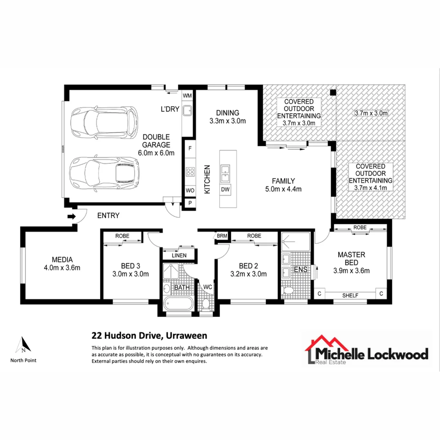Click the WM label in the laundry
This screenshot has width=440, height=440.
[187, 96]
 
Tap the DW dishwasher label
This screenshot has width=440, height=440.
[225, 189]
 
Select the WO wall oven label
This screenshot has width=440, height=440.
[190, 191]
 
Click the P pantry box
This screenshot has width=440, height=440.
[190, 203]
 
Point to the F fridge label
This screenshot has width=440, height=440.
[190, 149]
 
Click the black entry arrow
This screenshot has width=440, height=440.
[71, 216]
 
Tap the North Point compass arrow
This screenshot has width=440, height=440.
[23, 345]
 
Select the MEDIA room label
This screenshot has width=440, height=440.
[62, 259]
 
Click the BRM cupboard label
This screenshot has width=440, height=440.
[222, 236]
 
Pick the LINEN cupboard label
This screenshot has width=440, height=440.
[179, 255]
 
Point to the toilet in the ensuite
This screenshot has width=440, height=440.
[289, 290]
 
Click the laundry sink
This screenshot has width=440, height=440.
[187, 110]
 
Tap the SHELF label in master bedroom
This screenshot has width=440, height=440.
[350, 295]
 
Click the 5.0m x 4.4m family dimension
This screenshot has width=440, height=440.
[284, 189]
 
